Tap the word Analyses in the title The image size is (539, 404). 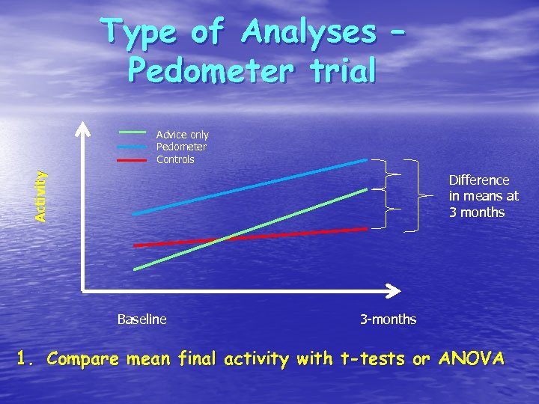click(308, 32)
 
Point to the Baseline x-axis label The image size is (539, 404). click(141, 319)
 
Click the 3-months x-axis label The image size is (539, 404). click(388, 319)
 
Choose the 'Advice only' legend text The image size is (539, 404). click(182, 135)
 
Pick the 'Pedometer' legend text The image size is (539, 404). click(181, 147)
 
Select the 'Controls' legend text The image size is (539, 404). click(175, 159)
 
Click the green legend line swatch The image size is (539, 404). click(132, 132)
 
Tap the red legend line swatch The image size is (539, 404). click(132, 159)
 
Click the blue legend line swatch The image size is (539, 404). click(132, 147)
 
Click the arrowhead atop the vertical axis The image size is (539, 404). click(82, 128)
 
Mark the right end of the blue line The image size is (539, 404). click(366, 160)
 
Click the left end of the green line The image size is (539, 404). click(135, 269)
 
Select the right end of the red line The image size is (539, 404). click(366, 229)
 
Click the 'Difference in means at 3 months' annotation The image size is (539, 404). click(483, 196)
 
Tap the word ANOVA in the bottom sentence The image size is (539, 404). click(473, 359)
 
